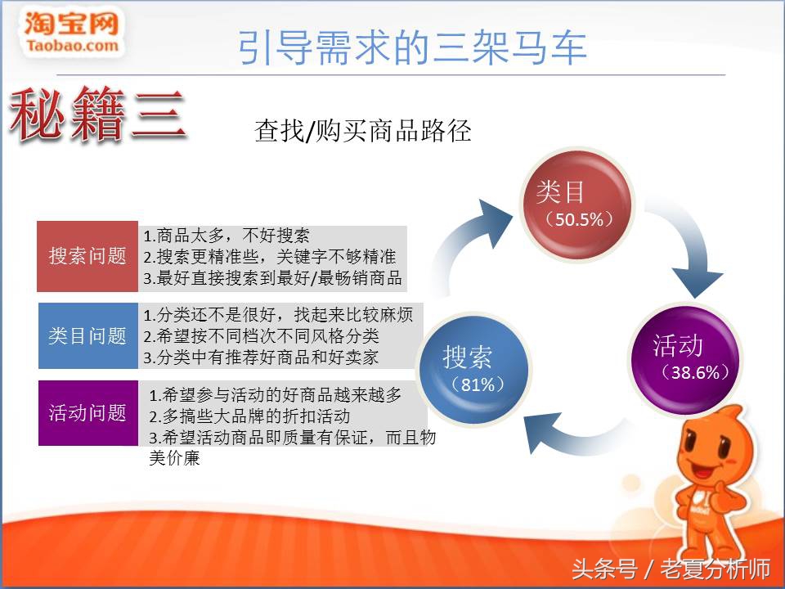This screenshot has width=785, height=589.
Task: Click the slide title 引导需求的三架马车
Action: tap(412, 48)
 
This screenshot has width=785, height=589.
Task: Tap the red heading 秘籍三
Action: tap(96, 116)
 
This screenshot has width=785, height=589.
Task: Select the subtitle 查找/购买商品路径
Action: tap(363, 131)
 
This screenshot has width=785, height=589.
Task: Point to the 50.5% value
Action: tap(578, 219)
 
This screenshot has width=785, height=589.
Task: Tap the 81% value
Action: tap(478, 384)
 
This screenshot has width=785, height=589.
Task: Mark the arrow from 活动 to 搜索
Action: tap(572, 429)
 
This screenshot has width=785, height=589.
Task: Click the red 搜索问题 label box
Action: tap(87, 256)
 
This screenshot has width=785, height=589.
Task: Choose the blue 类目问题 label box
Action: tap(87, 336)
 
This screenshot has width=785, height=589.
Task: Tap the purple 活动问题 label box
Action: tap(87, 413)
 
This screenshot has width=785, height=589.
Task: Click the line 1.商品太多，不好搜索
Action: tap(227, 236)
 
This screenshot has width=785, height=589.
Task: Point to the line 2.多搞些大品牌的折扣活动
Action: tap(249, 416)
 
